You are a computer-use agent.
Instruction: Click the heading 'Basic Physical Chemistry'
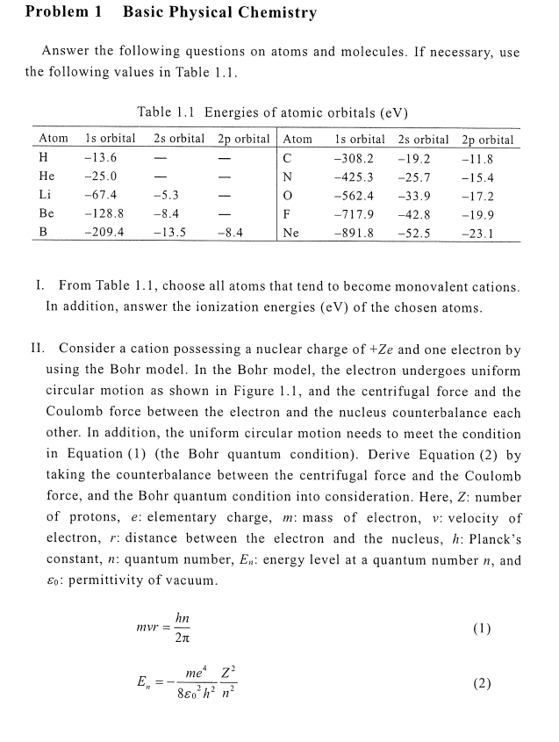pyautogui.click(x=219, y=12)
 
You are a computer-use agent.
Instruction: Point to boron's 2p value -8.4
pyautogui.click(x=230, y=234)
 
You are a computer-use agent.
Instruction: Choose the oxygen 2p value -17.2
pyautogui.click(x=478, y=197)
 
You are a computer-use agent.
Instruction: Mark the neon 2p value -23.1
pyautogui.click(x=478, y=234)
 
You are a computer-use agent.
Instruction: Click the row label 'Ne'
pyautogui.click(x=291, y=234)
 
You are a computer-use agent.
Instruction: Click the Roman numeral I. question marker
pyautogui.click(x=39, y=287)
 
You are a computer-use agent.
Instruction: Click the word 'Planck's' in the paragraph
pyautogui.click(x=491, y=538)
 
